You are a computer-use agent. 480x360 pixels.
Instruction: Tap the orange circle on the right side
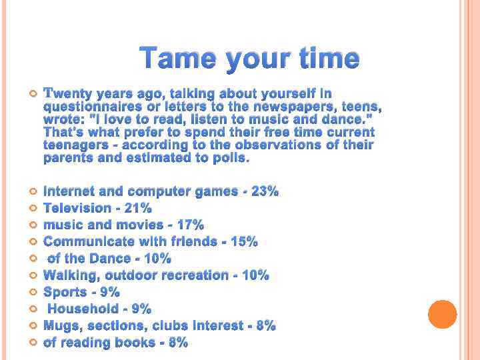tap(442, 314)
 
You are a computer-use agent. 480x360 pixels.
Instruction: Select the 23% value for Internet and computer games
tap(265, 191)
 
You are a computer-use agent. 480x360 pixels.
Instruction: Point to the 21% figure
tap(138, 208)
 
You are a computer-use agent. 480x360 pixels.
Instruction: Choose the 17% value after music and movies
tap(190, 225)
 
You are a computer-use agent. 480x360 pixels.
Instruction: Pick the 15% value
tap(244, 241)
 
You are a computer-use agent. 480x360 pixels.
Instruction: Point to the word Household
tap(81, 309)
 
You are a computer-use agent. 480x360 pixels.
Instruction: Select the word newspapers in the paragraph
tap(312, 107)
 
